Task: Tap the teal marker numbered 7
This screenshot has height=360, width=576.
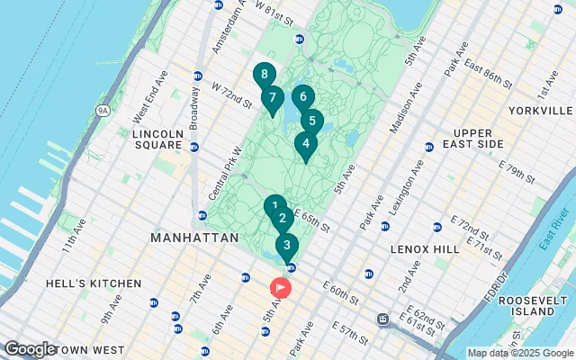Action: (273, 98)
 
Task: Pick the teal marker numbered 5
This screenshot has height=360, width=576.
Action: (311, 121)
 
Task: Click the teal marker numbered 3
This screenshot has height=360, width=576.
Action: (286, 245)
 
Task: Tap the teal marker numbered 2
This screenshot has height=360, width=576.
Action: (282, 218)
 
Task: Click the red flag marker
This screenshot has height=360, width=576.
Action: (280, 288)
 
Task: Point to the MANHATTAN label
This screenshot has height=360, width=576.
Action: (194, 238)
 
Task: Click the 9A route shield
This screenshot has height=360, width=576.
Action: (103, 111)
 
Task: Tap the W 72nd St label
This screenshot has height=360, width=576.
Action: (232, 94)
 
